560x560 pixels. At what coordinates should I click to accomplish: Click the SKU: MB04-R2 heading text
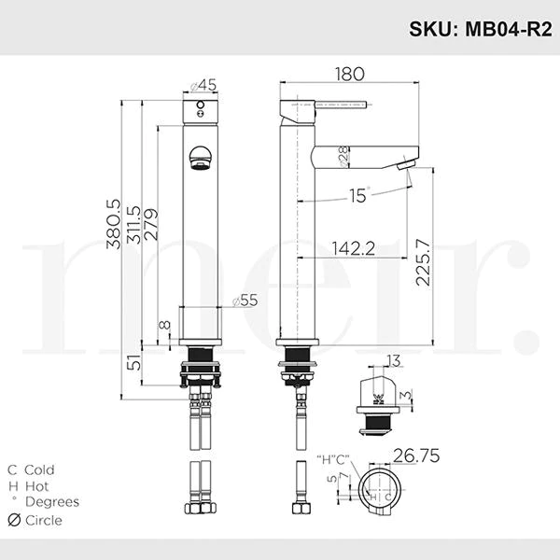pos(481,29)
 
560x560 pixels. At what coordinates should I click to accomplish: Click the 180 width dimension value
pos(350,74)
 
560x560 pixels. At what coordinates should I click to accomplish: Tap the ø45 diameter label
pos(203,85)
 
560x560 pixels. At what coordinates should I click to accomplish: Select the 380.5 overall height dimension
pos(114,224)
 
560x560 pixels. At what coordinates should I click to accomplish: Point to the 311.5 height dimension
pos(134,225)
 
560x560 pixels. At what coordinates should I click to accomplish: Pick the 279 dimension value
pos(150,224)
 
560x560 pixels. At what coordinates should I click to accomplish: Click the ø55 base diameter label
pos(245,301)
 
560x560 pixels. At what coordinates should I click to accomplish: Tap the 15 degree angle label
pos(359,195)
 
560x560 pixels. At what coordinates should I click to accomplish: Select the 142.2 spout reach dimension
pos(353,248)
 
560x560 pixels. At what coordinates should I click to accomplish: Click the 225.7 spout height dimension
pos(423,262)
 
